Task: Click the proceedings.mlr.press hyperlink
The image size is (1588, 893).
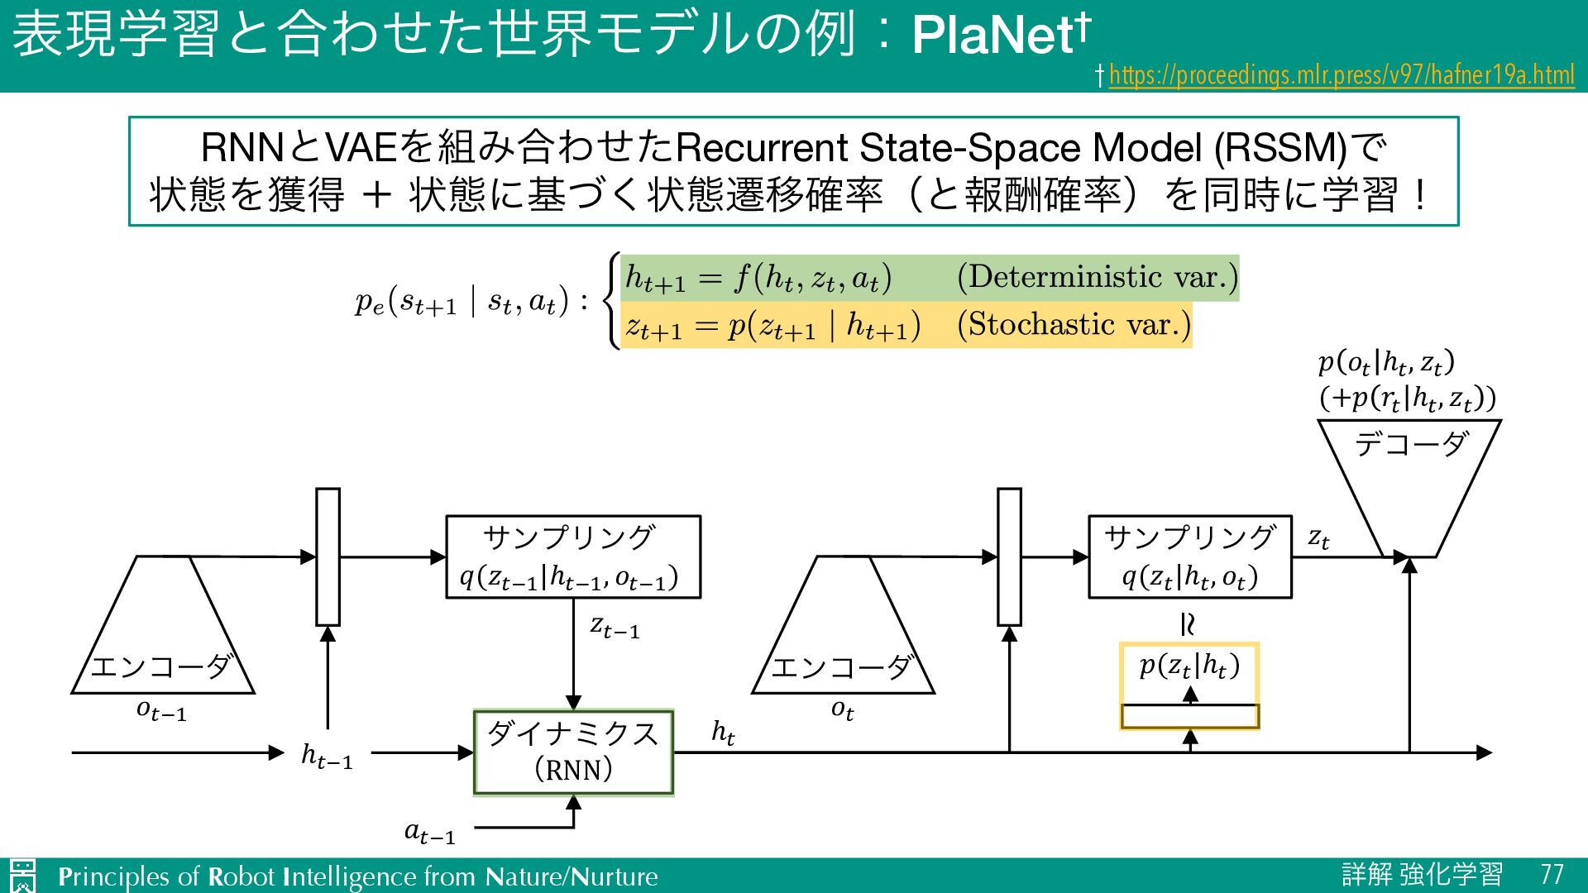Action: (1341, 76)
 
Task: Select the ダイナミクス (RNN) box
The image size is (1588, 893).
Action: (573, 752)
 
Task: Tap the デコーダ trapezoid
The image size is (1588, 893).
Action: (1409, 480)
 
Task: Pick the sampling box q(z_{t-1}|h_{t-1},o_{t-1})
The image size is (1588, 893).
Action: (573, 556)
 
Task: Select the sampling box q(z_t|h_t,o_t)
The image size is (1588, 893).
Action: (1189, 556)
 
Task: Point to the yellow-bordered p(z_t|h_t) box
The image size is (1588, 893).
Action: (1189, 685)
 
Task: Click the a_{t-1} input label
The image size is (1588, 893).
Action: (429, 832)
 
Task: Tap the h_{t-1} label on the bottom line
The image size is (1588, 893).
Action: (327, 755)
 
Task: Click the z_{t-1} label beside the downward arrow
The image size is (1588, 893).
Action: (615, 627)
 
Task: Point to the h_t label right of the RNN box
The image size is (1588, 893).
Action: (723, 733)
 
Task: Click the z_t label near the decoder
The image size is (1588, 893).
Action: (1318, 539)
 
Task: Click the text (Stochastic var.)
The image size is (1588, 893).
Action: (1074, 325)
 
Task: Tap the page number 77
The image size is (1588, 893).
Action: (1552, 875)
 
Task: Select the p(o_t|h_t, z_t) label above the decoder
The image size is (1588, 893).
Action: (1386, 363)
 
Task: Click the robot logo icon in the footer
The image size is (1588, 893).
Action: (22, 876)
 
